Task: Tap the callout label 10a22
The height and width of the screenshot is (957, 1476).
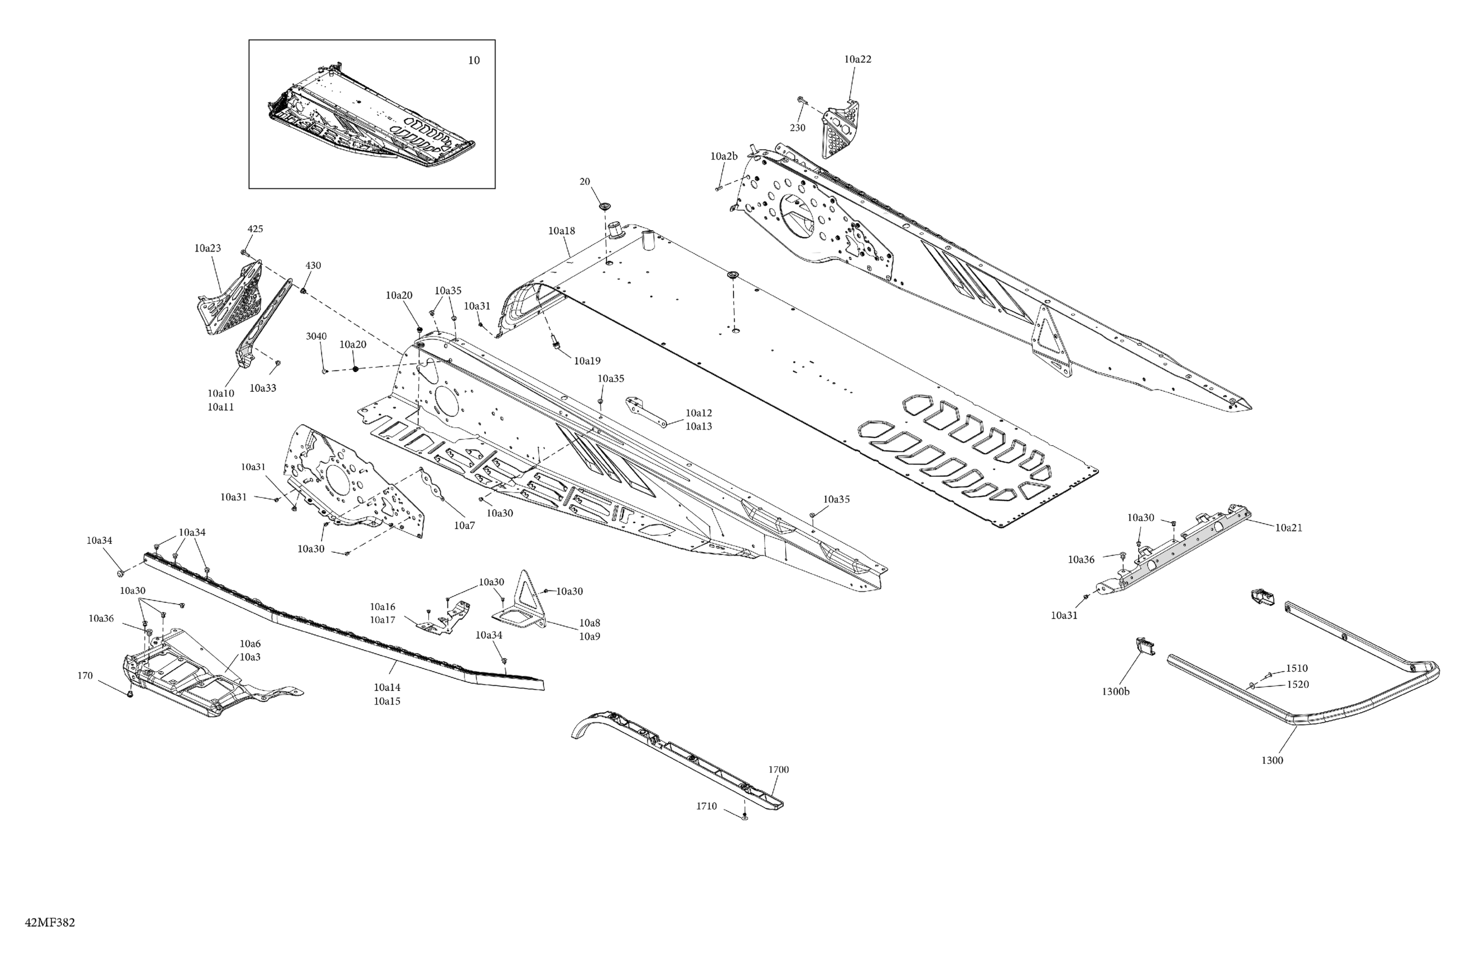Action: coord(857,60)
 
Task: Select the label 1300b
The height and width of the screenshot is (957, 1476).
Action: coord(1115,691)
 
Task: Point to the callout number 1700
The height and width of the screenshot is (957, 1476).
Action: coord(779,770)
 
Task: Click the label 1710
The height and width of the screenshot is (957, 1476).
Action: coord(706,806)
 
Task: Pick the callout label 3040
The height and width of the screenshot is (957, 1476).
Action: coord(316,336)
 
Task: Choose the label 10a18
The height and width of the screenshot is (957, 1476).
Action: coord(561,231)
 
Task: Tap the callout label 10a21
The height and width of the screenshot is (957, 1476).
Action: coord(1288,528)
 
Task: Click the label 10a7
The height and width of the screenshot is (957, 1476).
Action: coord(464,525)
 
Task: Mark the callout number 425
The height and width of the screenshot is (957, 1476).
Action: coord(255,229)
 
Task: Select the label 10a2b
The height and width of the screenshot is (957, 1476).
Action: coord(724,156)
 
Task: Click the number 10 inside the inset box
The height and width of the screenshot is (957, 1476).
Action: coord(473,61)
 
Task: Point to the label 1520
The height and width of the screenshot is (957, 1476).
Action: coord(1298,685)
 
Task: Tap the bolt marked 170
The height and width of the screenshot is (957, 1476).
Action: coord(129,694)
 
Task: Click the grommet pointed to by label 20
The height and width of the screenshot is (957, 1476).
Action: coord(603,205)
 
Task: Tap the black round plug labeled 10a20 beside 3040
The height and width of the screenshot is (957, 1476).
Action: coord(355,369)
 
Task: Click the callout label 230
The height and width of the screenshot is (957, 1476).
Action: coord(797,128)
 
